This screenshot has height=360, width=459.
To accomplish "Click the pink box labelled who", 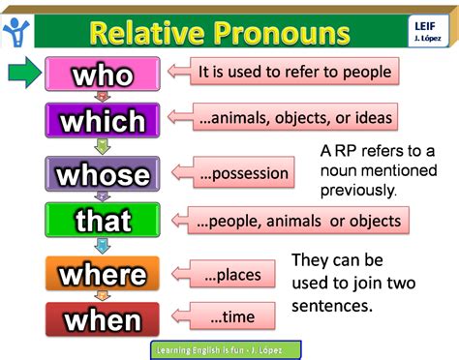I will coord(102,74).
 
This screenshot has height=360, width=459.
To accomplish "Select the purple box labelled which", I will coord(102,121).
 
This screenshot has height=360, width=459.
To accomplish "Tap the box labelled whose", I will coord(102,174).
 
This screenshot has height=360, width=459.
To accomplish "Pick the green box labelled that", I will coord(102,222).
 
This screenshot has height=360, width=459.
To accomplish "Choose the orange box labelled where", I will coord(102,274).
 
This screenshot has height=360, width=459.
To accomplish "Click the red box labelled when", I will coord(102,319).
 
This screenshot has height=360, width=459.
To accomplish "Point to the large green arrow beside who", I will coord(25,74).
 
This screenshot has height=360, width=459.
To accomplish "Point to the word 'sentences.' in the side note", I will coord(334,304).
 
